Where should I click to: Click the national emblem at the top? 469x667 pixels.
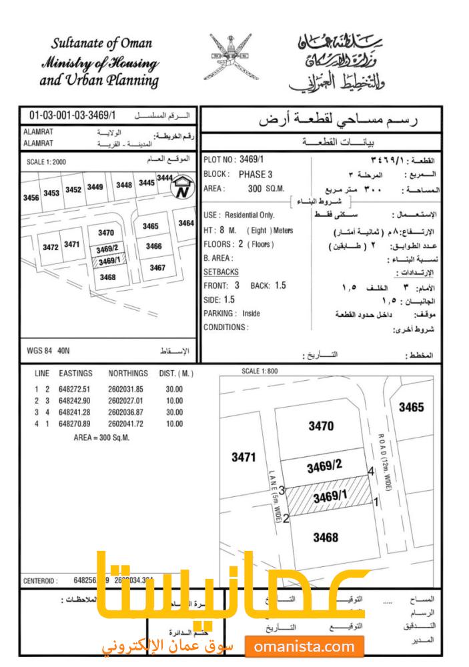pos(234,57)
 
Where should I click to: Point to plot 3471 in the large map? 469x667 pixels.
pos(244,458)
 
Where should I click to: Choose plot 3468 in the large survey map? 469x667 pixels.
pos(326,538)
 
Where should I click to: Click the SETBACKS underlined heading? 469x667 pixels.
pos(221,273)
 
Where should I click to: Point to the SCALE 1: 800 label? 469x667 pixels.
pos(260,371)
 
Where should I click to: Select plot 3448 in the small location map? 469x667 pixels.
pos(124,185)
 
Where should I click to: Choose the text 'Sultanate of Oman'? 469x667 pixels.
pos(101,45)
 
